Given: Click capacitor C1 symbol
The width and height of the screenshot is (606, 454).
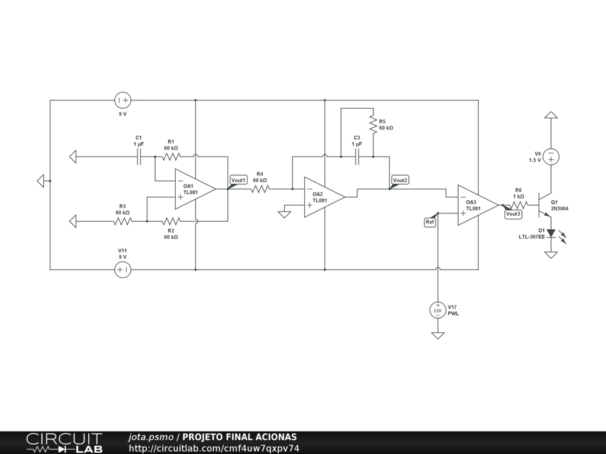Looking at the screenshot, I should (x=140, y=157).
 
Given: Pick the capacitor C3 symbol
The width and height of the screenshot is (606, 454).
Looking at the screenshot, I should (x=357, y=157).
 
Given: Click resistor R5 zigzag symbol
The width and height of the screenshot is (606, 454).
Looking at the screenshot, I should (x=373, y=124).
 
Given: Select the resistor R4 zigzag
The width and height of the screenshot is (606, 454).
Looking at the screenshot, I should (x=260, y=189).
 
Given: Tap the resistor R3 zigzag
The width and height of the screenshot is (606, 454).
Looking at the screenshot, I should (x=123, y=221).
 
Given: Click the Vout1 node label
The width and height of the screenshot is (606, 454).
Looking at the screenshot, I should (x=238, y=180).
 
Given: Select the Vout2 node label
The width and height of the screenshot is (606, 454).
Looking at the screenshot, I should (x=400, y=180).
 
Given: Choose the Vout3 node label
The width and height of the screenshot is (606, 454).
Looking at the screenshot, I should (x=513, y=214).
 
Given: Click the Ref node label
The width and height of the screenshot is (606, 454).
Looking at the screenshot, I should (x=430, y=222).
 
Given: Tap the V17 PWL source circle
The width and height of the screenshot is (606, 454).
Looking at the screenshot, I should (x=438, y=310).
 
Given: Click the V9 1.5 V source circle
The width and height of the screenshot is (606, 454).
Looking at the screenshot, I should (x=551, y=157).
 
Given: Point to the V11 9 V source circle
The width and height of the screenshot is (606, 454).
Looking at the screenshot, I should (x=123, y=270).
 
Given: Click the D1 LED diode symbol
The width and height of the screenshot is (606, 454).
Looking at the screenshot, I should (x=551, y=234).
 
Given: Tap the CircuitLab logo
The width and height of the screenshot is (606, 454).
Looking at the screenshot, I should (x=64, y=443).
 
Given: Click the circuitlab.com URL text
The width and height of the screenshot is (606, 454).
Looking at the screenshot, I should (x=214, y=448).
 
